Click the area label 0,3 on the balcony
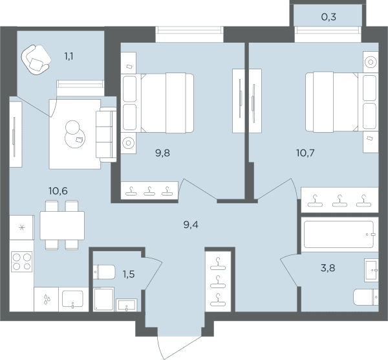click(329, 17)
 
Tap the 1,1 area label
click(69, 56)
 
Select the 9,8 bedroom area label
click(162, 153)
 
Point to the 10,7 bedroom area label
click(305, 153)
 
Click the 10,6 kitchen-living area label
click(58, 191)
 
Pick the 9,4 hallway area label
click(191, 225)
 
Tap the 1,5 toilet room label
click(129, 275)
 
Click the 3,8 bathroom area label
click(328, 268)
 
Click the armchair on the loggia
click(36, 60)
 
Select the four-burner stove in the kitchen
click(22, 262)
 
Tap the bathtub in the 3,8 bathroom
click(338, 234)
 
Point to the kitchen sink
click(72, 298)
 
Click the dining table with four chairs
click(62, 225)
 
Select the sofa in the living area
click(106, 135)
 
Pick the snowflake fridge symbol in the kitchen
click(22, 227)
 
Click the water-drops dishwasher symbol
click(47, 299)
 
